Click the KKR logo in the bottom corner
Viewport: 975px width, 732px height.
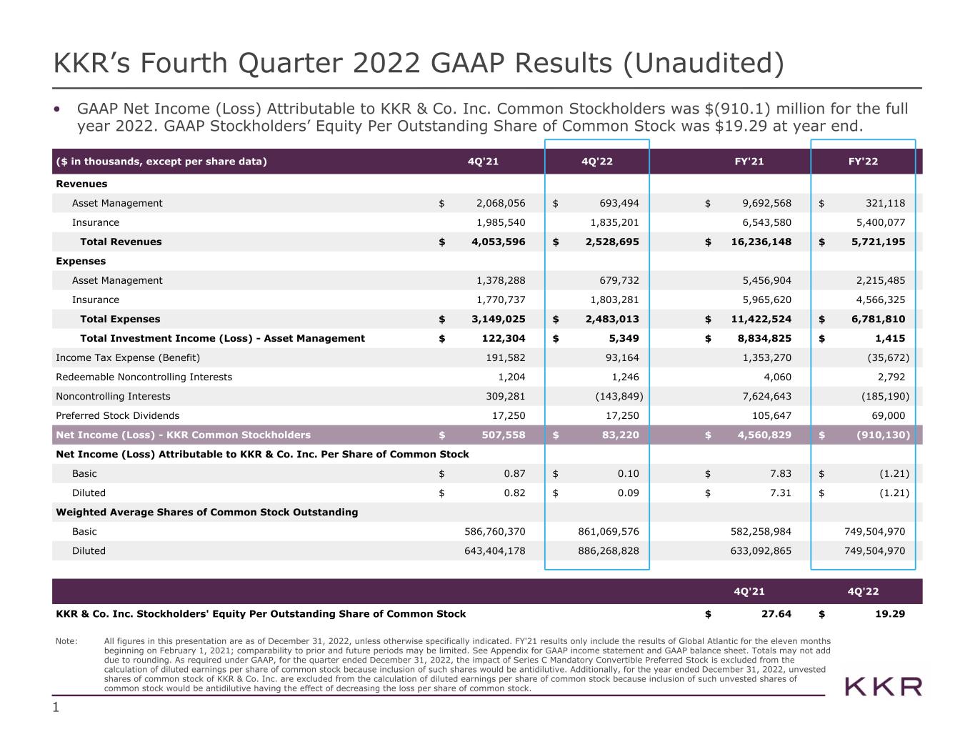tap(884, 687)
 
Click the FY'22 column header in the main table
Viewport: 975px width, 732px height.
tap(863, 162)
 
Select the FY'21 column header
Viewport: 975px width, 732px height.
tap(749, 162)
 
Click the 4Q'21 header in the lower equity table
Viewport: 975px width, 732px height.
tap(749, 592)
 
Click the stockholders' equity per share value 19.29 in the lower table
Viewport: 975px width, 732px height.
tap(890, 613)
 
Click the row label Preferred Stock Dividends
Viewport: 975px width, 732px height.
tap(118, 415)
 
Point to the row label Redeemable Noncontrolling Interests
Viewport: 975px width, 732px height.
tap(144, 377)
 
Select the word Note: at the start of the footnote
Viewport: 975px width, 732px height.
tap(66, 641)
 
